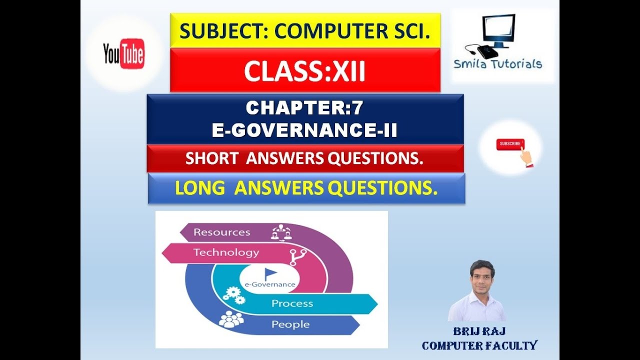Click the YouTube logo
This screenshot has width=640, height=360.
click(x=123, y=53)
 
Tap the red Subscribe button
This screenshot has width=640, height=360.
click(x=509, y=144)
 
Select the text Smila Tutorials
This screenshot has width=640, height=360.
click(x=497, y=63)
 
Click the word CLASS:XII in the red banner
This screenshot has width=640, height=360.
click(x=304, y=71)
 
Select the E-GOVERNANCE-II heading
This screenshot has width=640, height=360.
click(x=304, y=130)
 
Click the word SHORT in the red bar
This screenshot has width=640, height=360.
click(x=211, y=158)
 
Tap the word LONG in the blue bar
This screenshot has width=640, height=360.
click(x=199, y=188)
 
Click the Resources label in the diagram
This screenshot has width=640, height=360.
click(x=221, y=232)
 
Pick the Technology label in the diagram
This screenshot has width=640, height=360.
click(x=226, y=252)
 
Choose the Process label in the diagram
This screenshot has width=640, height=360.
click(x=292, y=303)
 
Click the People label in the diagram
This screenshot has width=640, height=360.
click(x=290, y=324)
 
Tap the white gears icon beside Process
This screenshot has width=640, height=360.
click(x=233, y=294)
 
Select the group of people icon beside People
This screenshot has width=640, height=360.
click(x=230, y=319)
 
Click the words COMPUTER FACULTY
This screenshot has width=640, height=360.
click(x=479, y=345)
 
